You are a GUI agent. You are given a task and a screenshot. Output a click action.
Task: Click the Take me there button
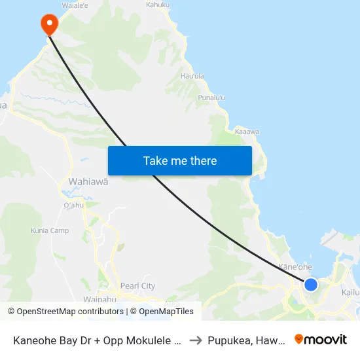click(x=180, y=161)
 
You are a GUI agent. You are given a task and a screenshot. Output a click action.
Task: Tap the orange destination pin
click(x=49, y=25)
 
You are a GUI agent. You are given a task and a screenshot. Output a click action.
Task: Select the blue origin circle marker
click(x=311, y=284)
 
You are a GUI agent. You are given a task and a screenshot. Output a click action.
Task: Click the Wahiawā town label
click(x=88, y=181)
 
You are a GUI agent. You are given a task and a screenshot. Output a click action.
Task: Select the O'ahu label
click(x=73, y=205)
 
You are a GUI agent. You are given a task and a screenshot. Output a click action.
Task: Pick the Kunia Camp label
click(x=50, y=230)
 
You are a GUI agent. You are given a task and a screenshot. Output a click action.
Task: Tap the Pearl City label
click(x=137, y=286)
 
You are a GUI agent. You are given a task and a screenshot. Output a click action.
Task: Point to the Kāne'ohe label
click(x=296, y=267)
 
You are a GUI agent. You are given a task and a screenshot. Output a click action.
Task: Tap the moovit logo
click(x=321, y=340)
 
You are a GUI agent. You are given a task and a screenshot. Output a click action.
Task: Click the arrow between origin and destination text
click(x=195, y=340)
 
